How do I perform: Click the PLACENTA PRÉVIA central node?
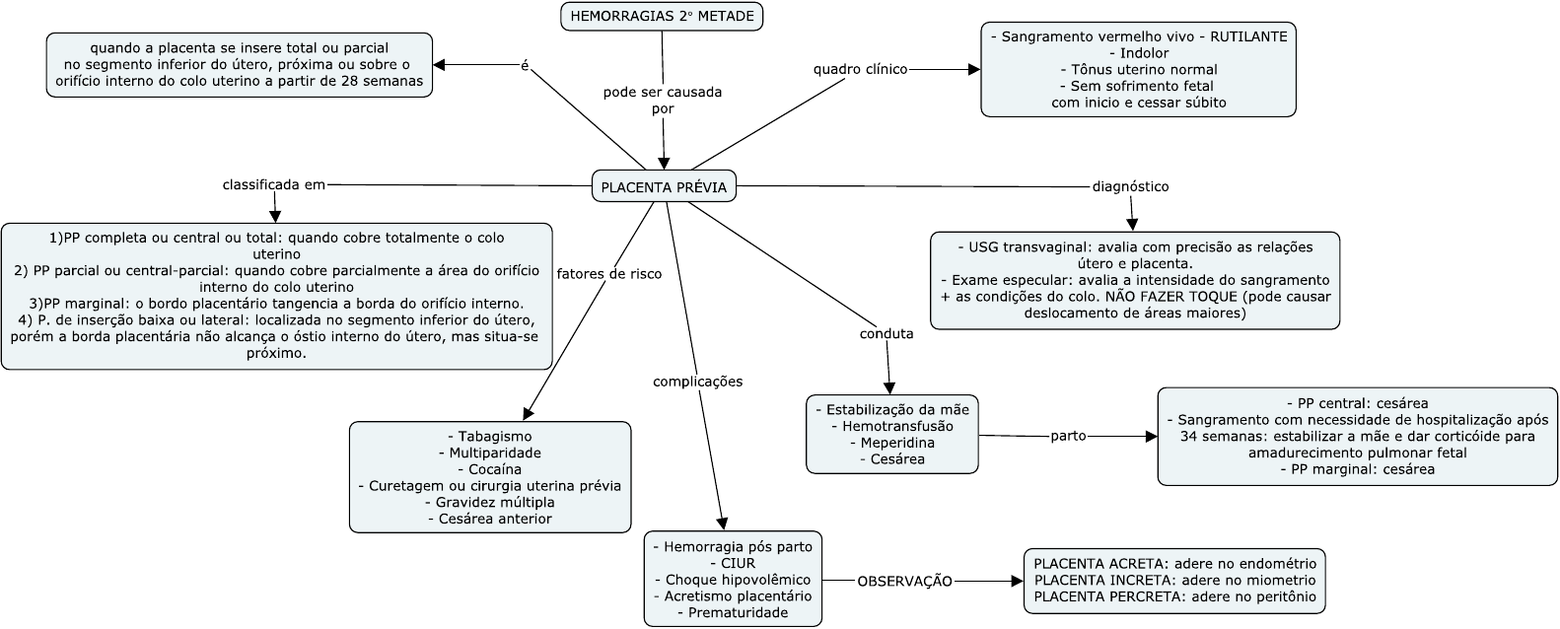[664, 186]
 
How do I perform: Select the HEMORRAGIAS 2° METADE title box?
[663, 17]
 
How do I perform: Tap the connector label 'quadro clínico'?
[860, 69]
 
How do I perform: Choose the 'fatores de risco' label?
[609, 273]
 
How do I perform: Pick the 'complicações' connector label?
[697, 381]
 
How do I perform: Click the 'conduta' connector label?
[886, 333]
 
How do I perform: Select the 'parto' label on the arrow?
[1068, 435]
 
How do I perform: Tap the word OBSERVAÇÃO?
[904, 581]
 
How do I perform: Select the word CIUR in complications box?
[732, 563]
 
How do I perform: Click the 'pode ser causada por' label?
[663, 100]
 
